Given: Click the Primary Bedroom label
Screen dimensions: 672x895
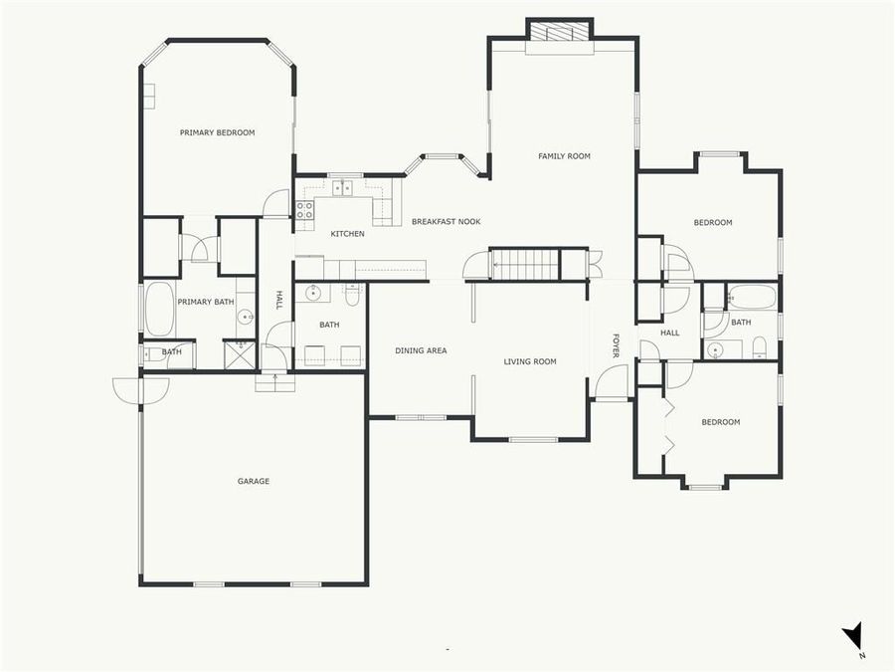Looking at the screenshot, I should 217,132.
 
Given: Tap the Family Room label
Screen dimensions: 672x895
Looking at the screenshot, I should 564,156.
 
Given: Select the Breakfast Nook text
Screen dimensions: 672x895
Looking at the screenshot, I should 447,221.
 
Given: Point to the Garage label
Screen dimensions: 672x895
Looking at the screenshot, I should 254,482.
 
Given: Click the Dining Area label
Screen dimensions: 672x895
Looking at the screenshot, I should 421,350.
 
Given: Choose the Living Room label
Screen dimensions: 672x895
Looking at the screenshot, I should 530,361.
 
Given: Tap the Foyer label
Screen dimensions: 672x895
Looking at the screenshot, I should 616,346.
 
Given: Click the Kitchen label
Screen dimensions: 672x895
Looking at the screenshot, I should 347,234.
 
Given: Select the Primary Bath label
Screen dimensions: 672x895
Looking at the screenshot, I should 206,302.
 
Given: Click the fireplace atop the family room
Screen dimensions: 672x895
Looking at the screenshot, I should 559,32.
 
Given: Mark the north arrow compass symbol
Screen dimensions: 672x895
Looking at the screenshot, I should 852,637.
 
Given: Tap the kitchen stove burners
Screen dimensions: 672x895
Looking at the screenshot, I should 304,210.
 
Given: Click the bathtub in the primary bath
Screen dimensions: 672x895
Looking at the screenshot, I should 159,309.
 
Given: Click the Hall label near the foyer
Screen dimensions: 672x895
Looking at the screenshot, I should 670,333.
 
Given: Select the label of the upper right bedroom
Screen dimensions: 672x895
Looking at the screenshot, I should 712,223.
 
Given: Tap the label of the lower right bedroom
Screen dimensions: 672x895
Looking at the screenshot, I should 720,422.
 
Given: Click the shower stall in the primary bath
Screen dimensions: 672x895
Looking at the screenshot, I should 240,355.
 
